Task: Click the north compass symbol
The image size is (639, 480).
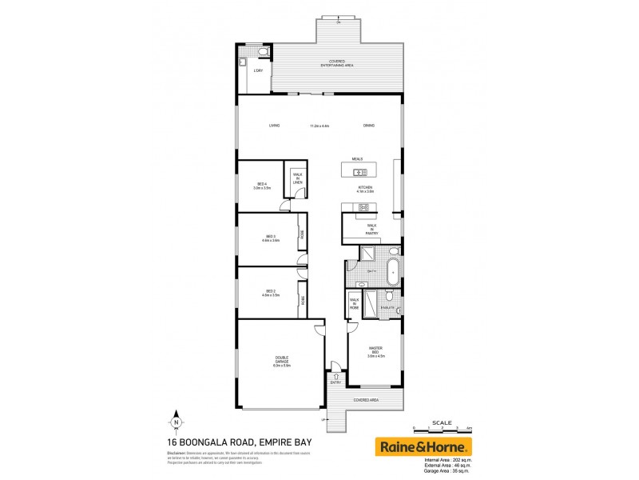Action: pyautogui.click(x=175, y=422)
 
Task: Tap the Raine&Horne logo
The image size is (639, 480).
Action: pyautogui.click(x=423, y=446)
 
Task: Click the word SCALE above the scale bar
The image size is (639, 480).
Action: pyautogui.click(x=441, y=422)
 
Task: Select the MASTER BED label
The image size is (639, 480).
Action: pyautogui.click(x=376, y=350)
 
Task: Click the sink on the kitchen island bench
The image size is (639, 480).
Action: pyautogui.click(x=360, y=172)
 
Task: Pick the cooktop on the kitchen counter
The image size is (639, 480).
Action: pyautogui.click(x=363, y=208)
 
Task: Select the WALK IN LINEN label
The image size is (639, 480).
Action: pyautogui.click(x=297, y=179)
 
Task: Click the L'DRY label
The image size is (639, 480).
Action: pyautogui.click(x=258, y=71)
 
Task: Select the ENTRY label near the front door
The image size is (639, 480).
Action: pyautogui.click(x=336, y=382)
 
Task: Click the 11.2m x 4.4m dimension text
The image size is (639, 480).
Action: pyautogui.click(x=320, y=126)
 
